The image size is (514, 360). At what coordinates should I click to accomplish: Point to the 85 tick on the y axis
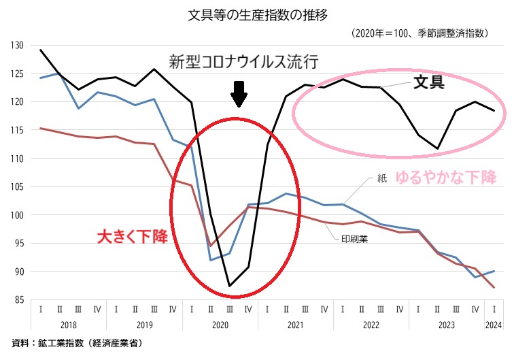pos(18,300)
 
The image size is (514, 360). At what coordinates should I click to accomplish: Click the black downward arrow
pos(238,94)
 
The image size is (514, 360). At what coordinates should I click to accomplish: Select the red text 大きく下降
pos(131,237)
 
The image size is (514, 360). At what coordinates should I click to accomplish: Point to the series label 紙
pos(381,179)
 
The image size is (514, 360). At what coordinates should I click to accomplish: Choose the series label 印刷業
pos(353,239)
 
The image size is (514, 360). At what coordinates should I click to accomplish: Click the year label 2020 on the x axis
pos(220,326)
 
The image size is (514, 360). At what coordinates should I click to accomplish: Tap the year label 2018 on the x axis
pos(69,326)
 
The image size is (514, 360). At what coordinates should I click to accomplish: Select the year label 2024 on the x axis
pos(494,326)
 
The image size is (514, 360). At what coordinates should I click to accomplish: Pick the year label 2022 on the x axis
pos(371,326)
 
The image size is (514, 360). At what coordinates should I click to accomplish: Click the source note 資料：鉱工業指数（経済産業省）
pos(77,344)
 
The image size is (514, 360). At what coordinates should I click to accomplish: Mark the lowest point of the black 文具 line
pos(229,286)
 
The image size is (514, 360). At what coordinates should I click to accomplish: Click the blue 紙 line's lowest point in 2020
pos(211,260)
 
